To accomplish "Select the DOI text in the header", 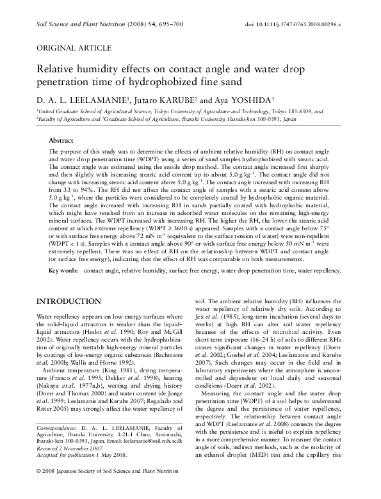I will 304,24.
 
